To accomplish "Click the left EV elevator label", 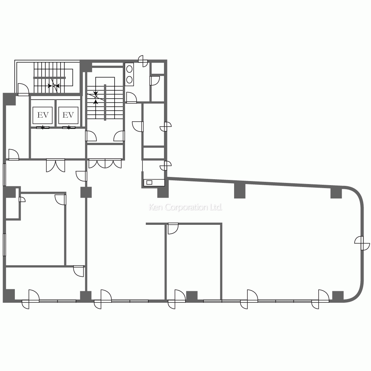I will coord(43,115).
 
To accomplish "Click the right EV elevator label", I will coord(68,115).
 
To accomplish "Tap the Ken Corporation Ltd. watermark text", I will coord(185,207).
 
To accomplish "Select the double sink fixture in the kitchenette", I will coord(130,74).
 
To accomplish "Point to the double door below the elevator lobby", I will coord(56,165).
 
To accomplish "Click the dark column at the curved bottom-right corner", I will coord(338,296).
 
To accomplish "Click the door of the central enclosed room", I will coord(173,229).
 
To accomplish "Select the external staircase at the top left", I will coord(52,78).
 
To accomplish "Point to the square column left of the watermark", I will coord(86,192).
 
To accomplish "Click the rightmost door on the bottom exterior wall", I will coord(320,299).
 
